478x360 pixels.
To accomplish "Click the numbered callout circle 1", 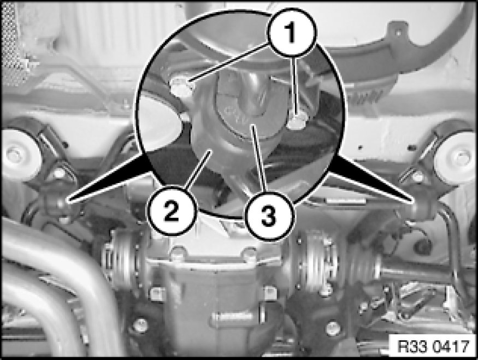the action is click(291, 33).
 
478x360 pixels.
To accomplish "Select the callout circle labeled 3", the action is click(269, 216).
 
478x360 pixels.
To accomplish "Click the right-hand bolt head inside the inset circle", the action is click(296, 122).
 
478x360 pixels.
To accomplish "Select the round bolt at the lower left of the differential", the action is click(140, 325).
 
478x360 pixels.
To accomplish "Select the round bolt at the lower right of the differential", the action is click(333, 328).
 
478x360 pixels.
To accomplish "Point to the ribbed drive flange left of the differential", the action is click(123, 259).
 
